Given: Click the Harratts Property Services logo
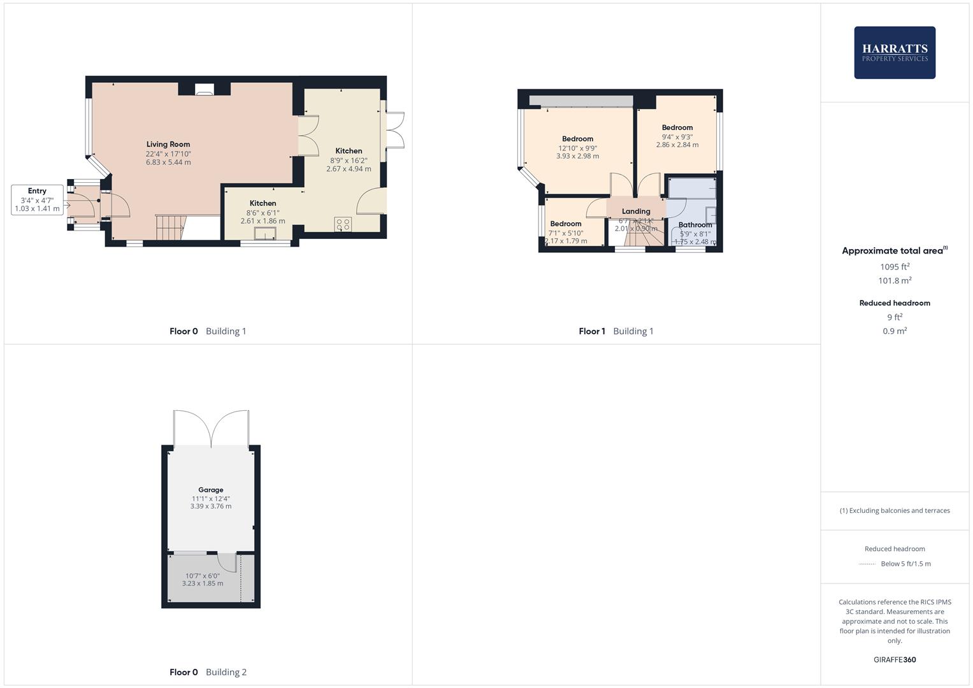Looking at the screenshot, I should click(894, 52).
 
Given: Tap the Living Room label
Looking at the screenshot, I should click(168, 145).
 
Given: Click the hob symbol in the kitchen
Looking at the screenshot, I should click(343, 224).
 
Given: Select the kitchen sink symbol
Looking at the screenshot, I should click(264, 233).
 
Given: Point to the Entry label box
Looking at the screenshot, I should click(37, 199).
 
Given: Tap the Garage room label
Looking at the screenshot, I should click(210, 490).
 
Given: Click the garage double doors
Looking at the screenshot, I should click(211, 428).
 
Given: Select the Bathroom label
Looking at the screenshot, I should click(695, 225).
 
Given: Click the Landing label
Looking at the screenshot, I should click(636, 211).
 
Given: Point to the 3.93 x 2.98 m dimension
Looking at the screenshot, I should click(577, 156).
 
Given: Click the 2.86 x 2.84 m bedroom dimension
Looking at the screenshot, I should click(677, 145).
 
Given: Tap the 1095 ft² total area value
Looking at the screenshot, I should click(895, 267).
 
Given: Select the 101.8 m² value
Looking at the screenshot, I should click(895, 281).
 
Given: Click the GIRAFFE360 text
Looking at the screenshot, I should click(895, 660).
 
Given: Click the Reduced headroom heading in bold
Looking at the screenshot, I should click(895, 303).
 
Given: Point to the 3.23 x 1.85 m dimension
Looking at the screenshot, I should click(203, 584).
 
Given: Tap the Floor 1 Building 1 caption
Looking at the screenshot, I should click(616, 331).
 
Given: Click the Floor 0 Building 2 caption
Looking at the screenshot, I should click(208, 672).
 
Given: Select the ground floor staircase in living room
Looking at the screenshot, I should click(169, 226).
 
